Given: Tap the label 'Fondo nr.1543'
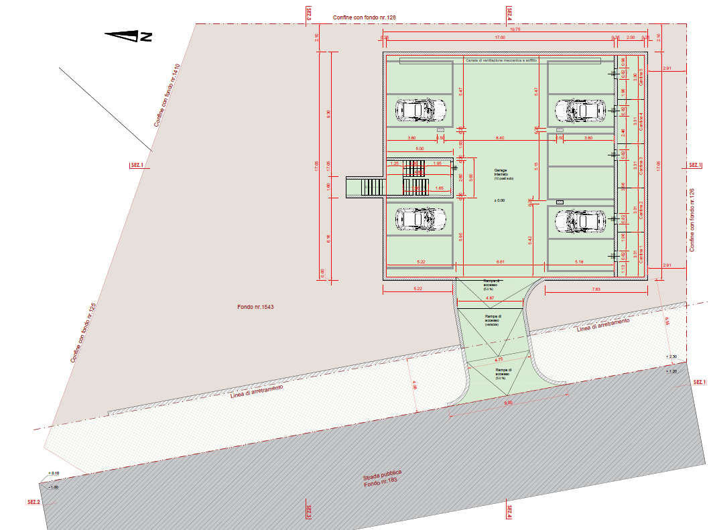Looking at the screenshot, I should pyautogui.click(x=255, y=308).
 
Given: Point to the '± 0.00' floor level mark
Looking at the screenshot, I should pyautogui.click(x=499, y=200).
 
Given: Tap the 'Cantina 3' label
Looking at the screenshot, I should pyautogui.click(x=641, y=165).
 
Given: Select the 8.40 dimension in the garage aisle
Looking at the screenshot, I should pyautogui.click(x=499, y=137).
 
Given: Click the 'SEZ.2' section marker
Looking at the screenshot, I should pyautogui.click(x=33, y=502).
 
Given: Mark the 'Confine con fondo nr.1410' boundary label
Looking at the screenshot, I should pyautogui.click(x=167, y=95).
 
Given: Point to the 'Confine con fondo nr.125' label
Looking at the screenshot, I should pyautogui.click(x=83, y=333).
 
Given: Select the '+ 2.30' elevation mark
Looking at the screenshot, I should pyautogui.click(x=673, y=356).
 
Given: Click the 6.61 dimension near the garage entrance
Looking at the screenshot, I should pyautogui.click(x=499, y=261).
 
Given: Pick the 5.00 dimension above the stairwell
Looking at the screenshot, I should pyautogui.click(x=419, y=148).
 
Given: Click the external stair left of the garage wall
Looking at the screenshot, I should pyautogui.click(x=365, y=187).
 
